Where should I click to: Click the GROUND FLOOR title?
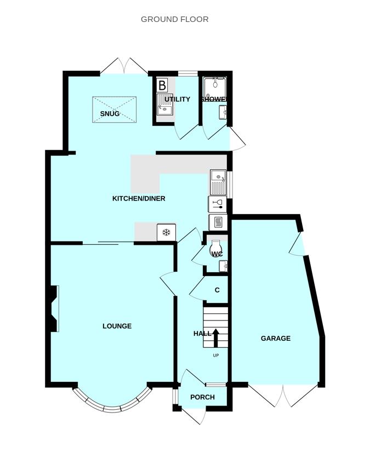tap(174, 19)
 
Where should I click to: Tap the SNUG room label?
tap(110, 113)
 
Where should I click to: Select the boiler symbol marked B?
tap(162, 85)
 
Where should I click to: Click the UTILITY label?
tap(177, 99)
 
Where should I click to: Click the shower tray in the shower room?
tap(215, 87)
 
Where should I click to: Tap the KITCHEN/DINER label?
tap(139, 199)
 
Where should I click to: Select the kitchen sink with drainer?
tap(218, 182)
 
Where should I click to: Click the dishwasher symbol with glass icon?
tap(218, 204)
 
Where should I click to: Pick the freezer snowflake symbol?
tap(166, 232)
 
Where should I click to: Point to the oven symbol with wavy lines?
tap(218, 222)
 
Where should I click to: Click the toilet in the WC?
tap(217, 248)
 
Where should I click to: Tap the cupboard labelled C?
tap(217, 290)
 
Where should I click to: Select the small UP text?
tap(215, 356)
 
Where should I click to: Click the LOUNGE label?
tap(117, 326)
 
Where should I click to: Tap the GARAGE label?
tap(276, 338)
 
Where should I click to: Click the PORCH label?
tap(202, 397)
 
